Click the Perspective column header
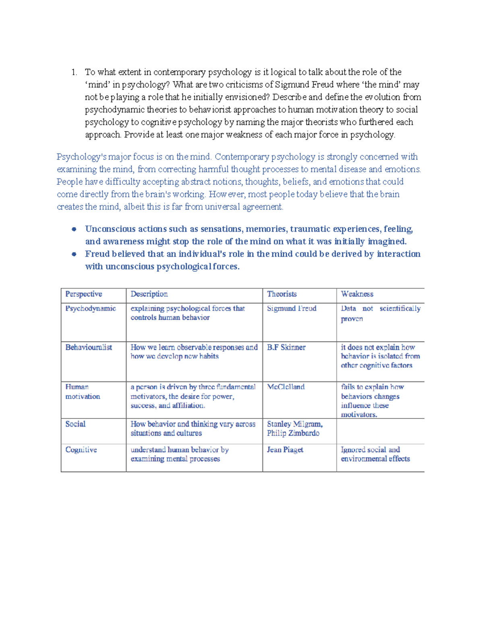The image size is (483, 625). pos(84,294)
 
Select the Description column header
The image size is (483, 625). pos(149,294)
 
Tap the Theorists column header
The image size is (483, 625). pos(282,294)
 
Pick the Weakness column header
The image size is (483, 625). pos(357,294)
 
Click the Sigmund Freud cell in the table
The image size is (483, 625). pos(291,309)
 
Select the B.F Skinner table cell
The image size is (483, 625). pos(286,347)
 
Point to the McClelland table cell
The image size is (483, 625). pos(286,387)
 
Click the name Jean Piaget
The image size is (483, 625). pos(285,450)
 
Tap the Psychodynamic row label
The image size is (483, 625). pos(91,309)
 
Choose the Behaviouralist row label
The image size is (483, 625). pos(89,347)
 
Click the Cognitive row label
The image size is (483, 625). pos(81,450)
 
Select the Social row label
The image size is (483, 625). pos(75,424)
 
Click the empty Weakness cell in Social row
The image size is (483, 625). pos(380,431)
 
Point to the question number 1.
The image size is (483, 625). pos(74,72)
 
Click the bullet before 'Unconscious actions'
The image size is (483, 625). pos(74,229)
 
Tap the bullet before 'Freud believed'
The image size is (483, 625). pos(74,254)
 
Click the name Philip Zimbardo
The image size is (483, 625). pos(293,433)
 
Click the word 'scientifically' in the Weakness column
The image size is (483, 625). pos(400,309)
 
